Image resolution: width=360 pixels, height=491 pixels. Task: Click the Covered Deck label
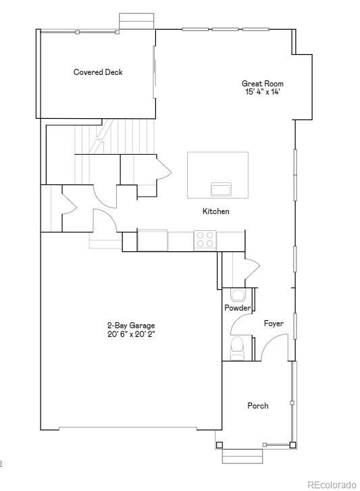98,72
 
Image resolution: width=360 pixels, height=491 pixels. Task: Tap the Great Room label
262,84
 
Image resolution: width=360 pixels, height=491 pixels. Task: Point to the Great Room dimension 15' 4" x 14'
262,92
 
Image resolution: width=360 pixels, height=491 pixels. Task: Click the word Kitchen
215,211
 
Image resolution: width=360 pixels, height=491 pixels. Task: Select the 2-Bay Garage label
131,326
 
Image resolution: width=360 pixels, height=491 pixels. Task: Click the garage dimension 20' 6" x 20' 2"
132,334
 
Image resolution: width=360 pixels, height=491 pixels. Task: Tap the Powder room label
237,308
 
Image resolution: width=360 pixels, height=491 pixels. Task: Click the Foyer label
274,324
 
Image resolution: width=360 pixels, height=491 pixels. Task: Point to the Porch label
258,406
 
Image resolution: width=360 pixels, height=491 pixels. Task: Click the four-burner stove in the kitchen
205,240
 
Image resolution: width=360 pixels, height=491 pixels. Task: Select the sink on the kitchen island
221,190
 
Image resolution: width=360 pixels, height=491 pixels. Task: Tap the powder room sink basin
238,295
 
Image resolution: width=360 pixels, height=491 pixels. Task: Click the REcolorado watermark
332,485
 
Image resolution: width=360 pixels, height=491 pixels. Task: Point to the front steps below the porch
242,457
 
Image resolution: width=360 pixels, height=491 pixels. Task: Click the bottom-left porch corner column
219,445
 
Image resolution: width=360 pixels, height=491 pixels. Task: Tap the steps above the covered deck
136,21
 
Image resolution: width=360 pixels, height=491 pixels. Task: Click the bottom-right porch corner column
292,445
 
